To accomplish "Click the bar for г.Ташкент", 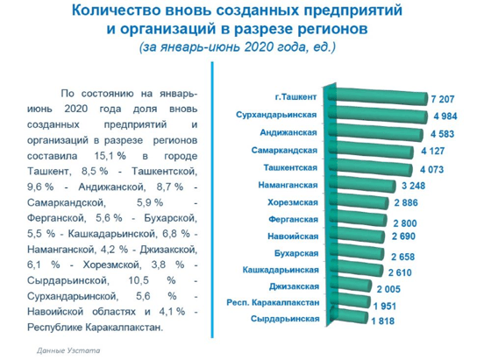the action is [x=378, y=95].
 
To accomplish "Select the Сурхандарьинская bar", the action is [x=378, y=114].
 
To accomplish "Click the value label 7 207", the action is [x=443, y=100].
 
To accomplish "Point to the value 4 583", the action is [x=442, y=134].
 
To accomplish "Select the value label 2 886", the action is [x=406, y=203].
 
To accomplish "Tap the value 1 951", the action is [x=385, y=306].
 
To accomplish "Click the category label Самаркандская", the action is [x=284, y=151].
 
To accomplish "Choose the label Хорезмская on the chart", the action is [x=293, y=202].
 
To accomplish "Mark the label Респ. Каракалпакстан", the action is [x=273, y=303].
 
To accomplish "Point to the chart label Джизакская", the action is [x=294, y=286].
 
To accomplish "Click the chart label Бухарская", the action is [x=296, y=253].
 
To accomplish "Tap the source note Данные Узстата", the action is [x=68, y=350].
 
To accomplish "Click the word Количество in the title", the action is [x=116, y=11].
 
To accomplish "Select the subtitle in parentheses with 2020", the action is [x=238, y=47].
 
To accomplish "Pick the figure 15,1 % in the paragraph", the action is [x=110, y=156].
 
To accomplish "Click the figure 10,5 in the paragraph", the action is [x=139, y=280].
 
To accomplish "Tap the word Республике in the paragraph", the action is [x=54, y=328].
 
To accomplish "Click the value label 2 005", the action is [x=388, y=289].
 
